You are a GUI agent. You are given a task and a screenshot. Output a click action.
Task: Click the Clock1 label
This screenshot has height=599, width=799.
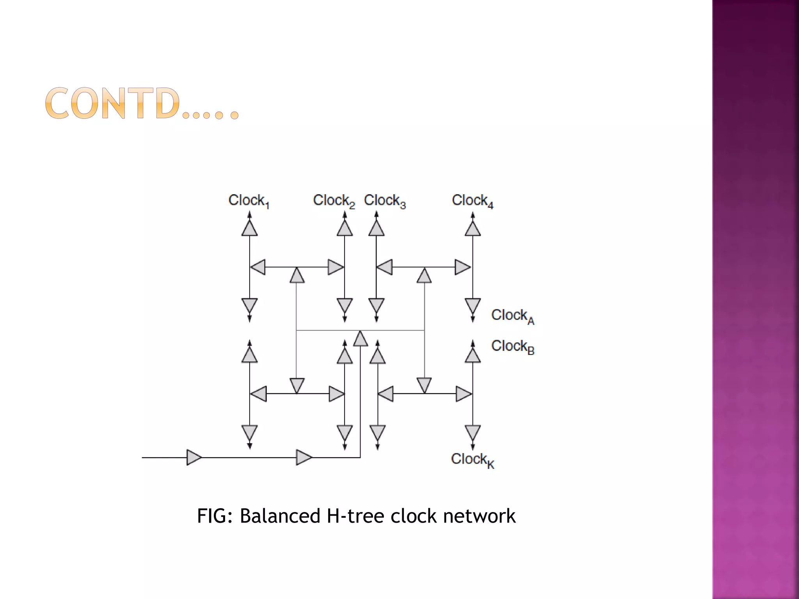(249, 200)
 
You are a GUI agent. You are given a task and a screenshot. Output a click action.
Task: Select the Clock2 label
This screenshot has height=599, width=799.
(334, 200)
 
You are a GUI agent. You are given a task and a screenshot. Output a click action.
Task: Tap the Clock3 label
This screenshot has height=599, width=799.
(385, 200)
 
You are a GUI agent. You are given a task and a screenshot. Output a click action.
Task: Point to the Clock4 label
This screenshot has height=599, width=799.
(472, 200)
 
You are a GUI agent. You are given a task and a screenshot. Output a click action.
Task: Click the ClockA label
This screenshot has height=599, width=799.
(512, 315)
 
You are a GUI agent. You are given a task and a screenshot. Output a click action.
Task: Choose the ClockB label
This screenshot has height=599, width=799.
(512, 346)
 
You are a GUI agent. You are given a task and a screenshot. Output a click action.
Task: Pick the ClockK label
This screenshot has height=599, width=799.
(472, 460)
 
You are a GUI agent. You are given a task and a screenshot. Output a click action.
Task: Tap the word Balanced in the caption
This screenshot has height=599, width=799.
(280, 516)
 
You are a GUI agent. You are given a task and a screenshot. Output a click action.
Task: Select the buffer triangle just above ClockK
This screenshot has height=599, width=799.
(473, 432)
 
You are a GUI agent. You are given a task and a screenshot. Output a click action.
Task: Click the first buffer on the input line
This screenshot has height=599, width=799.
(194, 457)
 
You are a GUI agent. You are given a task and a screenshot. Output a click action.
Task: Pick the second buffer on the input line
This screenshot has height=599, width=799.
(304, 457)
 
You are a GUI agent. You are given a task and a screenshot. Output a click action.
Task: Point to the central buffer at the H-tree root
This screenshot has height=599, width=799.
(360, 339)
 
